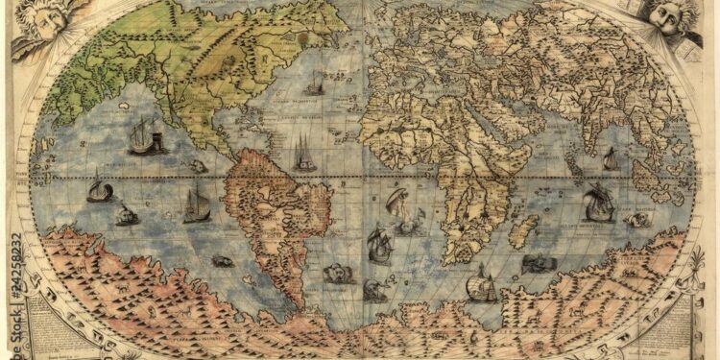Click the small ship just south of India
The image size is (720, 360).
611,159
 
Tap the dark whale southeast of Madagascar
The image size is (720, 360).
536,262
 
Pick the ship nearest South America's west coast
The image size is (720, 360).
197,204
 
